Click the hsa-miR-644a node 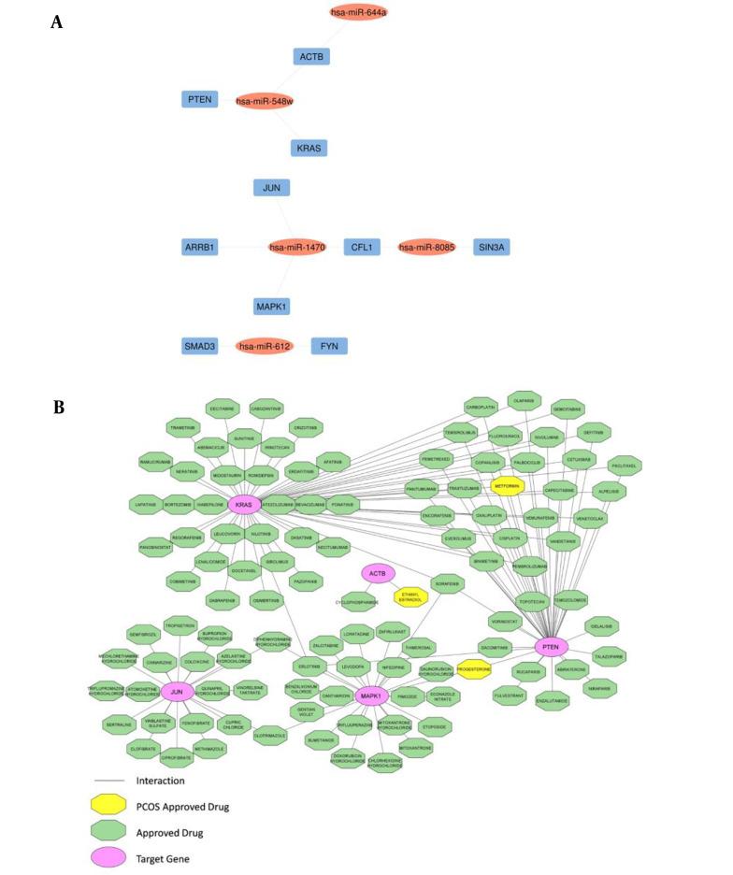pyautogui.click(x=358, y=12)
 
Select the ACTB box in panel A pyautogui.click(x=311, y=57)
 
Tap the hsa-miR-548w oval pyautogui.click(x=265, y=101)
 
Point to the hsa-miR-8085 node pyautogui.click(x=426, y=247)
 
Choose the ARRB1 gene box pyautogui.click(x=199, y=247)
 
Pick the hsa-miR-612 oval pyautogui.click(x=265, y=346)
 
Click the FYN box pyautogui.click(x=329, y=346)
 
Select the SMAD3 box pyautogui.click(x=199, y=346)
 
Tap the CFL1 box pyautogui.click(x=361, y=247)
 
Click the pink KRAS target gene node pyautogui.click(x=244, y=505)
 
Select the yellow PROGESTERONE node pyautogui.click(x=474, y=670)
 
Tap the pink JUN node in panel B pyautogui.click(x=176, y=692)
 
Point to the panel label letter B pyautogui.click(x=58, y=407)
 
